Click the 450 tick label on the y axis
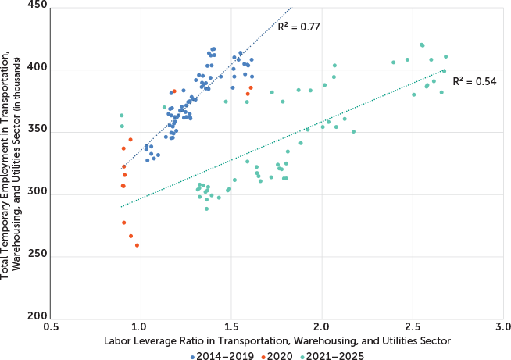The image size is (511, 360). pos(38,5)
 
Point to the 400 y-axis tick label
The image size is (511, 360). pos(38,69)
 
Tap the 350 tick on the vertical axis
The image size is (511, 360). pos(38,130)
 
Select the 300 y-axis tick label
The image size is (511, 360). pos(38,193)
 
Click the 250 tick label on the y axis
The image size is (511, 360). pos(38,255)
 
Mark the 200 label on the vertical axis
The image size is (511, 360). pos(38,316)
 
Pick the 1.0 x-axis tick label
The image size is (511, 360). pos(141,326)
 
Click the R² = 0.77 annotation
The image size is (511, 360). pos(301,27)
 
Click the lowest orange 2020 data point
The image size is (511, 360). pos(138,245)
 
